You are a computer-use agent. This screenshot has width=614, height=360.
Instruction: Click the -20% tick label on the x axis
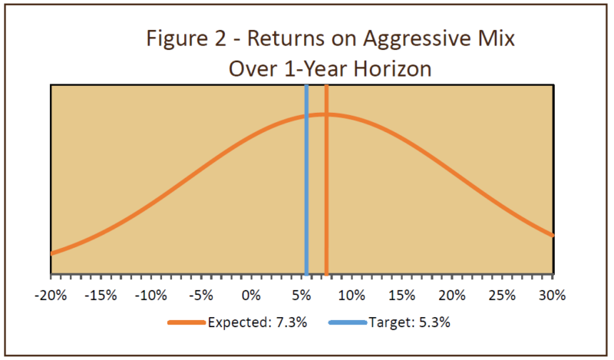click(x=51, y=296)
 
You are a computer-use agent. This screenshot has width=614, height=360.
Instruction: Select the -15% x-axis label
click(x=101, y=296)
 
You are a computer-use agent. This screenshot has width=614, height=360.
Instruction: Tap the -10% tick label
click(x=151, y=296)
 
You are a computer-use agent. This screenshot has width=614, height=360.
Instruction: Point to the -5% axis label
click(x=201, y=296)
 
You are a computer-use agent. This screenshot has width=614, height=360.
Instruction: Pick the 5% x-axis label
click(x=302, y=296)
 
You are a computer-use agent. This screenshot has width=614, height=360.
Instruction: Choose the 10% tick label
click(x=352, y=296)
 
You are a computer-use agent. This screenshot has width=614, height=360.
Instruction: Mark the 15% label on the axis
click(x=402, y=296)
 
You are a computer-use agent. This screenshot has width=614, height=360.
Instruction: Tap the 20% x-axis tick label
click(x=452, y=296)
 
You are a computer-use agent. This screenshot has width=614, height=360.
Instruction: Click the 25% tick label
click(x=503, y=296)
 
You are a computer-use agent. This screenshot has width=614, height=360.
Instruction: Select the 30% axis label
click(x=552, y=296)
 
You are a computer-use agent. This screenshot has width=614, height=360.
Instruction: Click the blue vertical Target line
click(x=306, y=192)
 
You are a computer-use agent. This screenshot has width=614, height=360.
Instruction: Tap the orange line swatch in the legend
click(x=186, y=322)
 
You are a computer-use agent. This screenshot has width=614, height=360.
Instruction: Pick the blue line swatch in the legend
click(x=346, y=322)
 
